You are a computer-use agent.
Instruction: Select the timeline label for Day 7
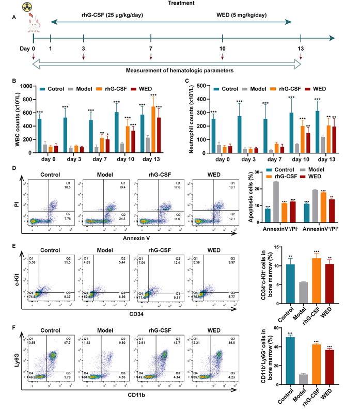tap(150, 48)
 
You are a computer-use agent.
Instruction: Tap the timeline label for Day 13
tap(301, 48)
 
